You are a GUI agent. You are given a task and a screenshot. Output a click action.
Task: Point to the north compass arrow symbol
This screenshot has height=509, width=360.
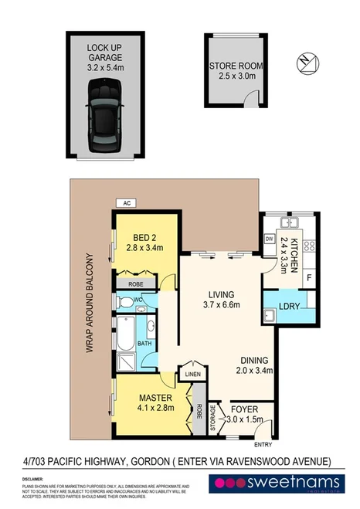(310, 61)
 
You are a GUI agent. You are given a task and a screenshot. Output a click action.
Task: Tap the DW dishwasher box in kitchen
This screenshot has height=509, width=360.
(270, 239)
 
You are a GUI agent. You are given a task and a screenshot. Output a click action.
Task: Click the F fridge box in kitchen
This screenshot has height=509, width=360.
(309, 276)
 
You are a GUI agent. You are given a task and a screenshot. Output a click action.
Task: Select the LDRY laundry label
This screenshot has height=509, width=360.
(290, 307)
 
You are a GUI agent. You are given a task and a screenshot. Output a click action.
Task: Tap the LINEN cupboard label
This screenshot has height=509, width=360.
(192, 376)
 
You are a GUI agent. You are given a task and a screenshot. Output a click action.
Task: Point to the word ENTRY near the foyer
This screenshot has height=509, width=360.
(264, 445)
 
